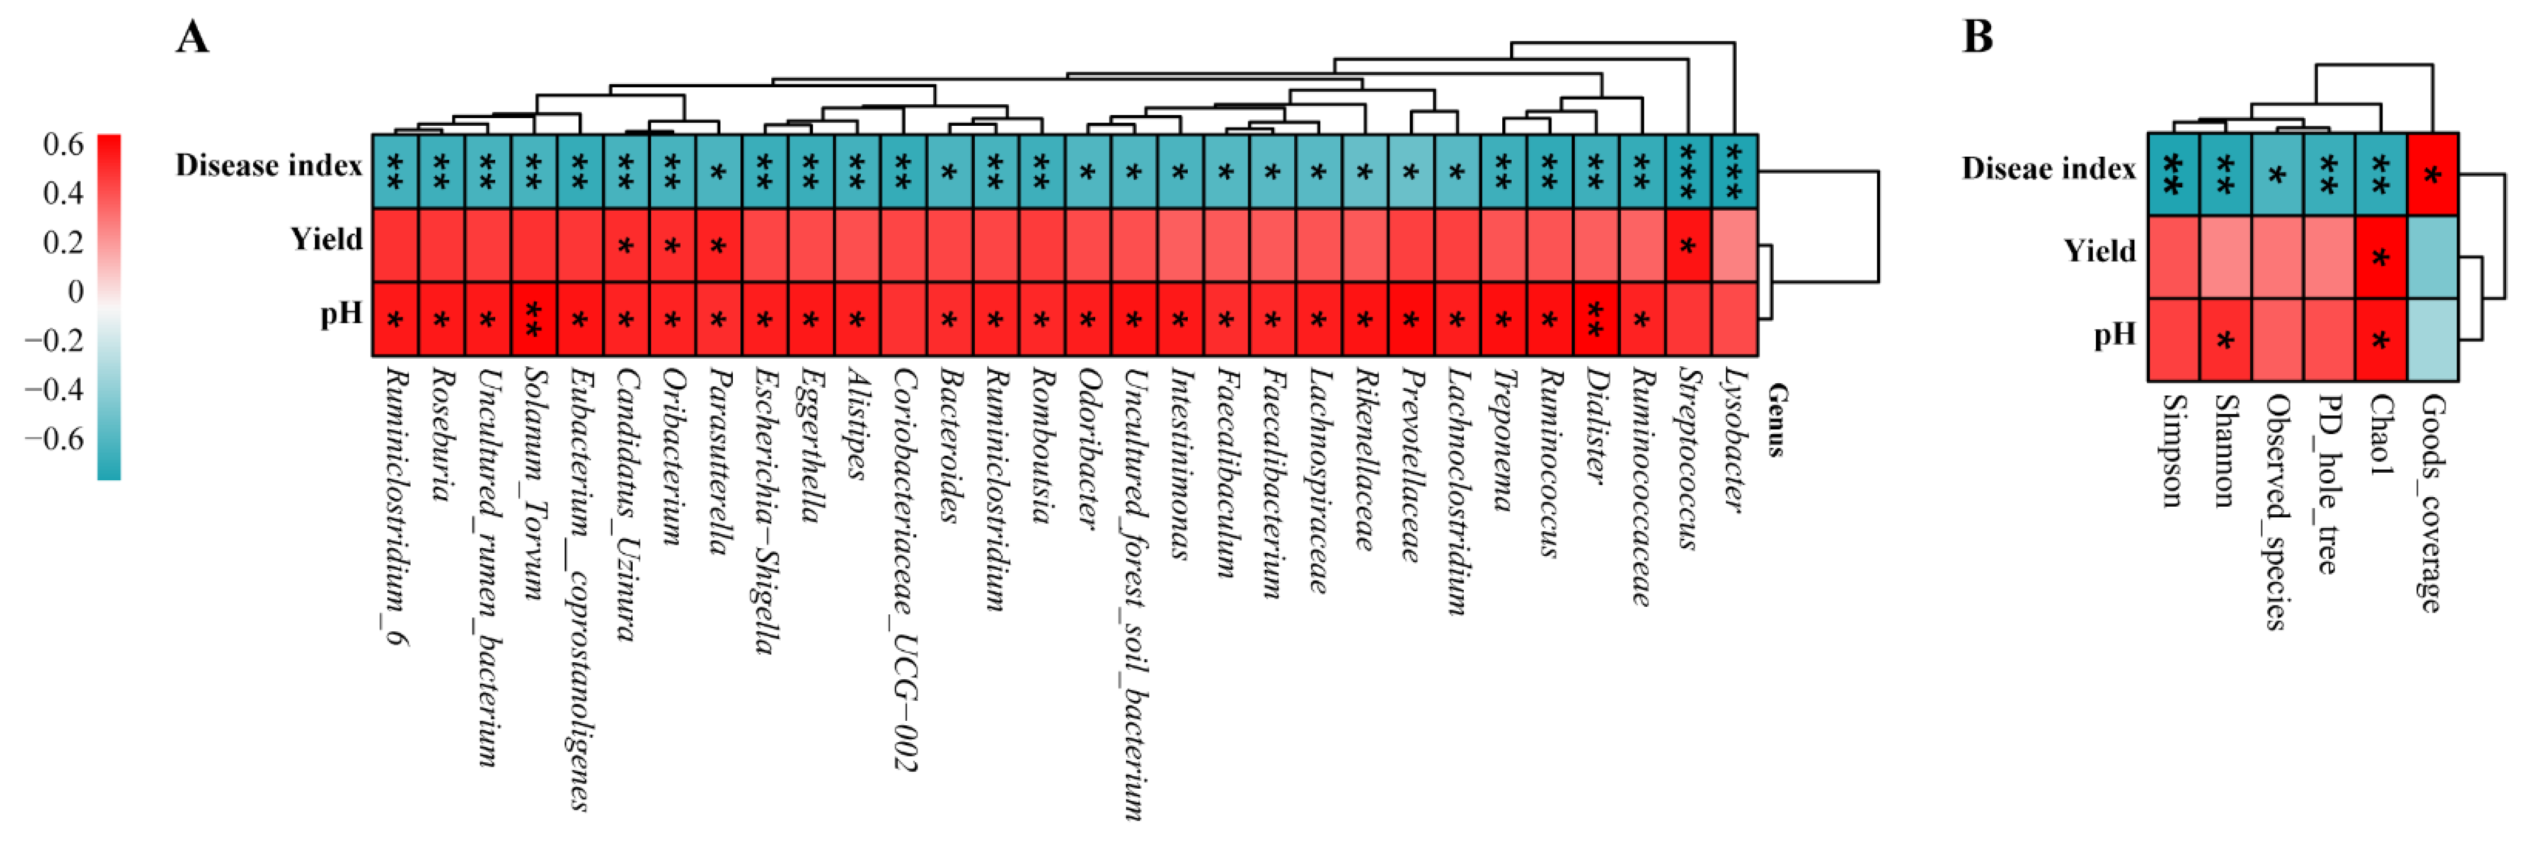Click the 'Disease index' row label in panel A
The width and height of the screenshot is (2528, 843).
pos(269,166)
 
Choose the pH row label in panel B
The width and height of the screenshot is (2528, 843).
pos(2114,336)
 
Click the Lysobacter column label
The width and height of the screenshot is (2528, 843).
pos(1735,440)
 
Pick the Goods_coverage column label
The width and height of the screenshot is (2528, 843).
pos(2432,503)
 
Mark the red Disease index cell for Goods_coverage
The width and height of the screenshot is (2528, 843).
pos(2433,174)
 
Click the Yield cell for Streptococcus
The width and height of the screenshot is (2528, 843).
pos(1688,245)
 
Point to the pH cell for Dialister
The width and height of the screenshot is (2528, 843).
pos(1596,319)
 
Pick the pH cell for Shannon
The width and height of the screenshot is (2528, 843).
pos(2224,339)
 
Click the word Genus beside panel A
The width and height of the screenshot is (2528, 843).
pos(1777,420)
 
